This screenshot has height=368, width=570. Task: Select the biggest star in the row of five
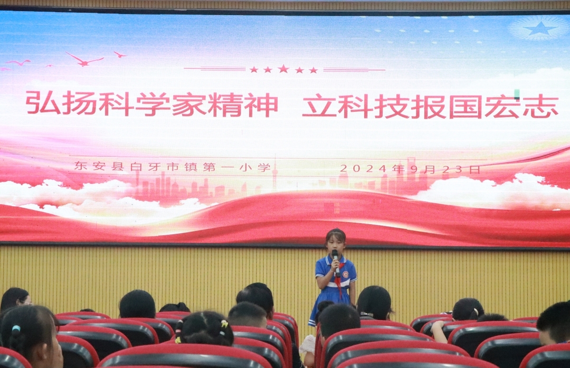[x=283, y=69]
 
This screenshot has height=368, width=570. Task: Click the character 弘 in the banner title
[x=43, y=103]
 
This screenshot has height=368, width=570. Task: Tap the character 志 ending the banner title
[x=540, y=106]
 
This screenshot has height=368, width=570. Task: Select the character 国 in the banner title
[x=467, y=106]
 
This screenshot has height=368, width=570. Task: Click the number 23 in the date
[x=453, y=169]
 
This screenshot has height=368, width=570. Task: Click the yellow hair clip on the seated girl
[x=224, y=324]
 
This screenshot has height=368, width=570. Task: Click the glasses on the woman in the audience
[x=25, y=301]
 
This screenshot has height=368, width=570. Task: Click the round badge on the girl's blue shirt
[x=345, y=274]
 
